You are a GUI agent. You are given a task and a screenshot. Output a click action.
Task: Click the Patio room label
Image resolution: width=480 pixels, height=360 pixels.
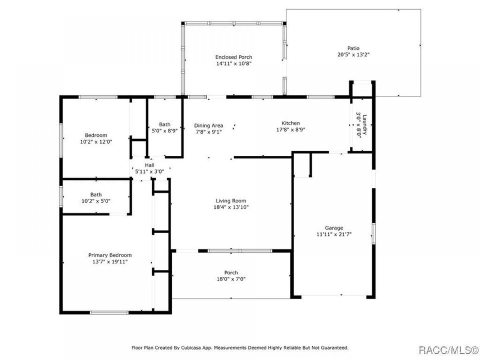click(x=353, y=48)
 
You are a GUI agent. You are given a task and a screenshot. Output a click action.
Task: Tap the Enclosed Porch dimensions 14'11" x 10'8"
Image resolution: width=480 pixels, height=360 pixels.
click(x=234, y=64)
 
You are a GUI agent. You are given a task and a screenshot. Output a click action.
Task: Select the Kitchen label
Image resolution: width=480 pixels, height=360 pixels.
click(x=290, y=123)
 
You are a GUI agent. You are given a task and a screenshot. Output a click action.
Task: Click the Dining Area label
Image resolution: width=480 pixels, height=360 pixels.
click(x=208, y=126)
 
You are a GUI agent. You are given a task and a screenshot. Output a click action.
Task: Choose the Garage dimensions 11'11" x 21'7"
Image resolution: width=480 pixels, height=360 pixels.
click(x=334, y=234)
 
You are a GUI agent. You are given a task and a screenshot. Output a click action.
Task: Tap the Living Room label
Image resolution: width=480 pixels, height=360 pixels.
click(x=231, y=201)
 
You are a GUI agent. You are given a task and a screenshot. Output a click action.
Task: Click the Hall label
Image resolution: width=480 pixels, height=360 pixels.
click(x=150, y=165)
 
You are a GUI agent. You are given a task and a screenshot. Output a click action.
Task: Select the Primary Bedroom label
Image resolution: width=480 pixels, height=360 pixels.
click(x=110, y=255)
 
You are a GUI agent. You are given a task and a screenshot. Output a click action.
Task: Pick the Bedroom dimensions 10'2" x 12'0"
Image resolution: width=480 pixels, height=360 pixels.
click(x=96, y=142)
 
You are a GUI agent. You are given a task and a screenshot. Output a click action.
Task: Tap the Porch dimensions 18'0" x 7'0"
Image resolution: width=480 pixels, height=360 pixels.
click(x=231, y=279)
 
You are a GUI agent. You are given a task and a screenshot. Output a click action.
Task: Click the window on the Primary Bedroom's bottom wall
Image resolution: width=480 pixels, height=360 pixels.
click(x=109, y=313)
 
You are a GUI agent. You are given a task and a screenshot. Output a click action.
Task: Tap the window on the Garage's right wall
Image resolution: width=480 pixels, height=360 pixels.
click(x=374, y=234)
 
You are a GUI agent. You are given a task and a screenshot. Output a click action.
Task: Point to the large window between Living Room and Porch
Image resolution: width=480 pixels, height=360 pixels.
click(x=240, y=251)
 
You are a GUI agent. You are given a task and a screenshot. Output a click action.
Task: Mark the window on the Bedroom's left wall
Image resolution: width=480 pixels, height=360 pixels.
click(x=61, y=140)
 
